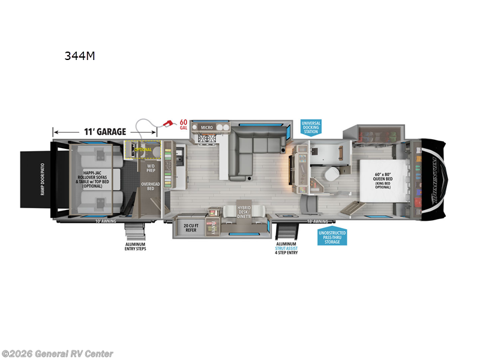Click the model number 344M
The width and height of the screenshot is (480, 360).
[80, 56]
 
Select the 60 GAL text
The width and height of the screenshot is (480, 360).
[184, 125]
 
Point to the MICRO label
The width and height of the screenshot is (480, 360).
[207, 127]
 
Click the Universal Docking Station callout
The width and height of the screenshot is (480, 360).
[311, 127]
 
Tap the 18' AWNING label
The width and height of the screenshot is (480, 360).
[317, 221]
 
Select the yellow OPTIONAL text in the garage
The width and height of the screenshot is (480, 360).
[143, 149]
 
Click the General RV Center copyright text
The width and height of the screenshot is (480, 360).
[57, 354]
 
